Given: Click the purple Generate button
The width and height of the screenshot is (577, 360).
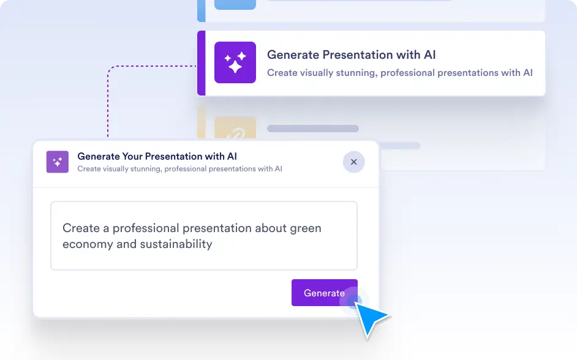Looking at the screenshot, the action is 324,293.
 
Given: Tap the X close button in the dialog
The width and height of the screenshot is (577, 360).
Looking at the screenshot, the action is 353,162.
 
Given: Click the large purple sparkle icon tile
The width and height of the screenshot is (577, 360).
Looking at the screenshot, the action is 235,62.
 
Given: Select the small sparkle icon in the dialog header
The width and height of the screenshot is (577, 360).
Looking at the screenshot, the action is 58,162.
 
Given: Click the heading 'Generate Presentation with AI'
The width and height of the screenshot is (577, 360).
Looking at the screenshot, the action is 351,54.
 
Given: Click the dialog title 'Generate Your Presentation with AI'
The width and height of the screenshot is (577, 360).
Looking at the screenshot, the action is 157,156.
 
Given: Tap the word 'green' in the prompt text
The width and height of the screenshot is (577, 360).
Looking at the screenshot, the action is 306,229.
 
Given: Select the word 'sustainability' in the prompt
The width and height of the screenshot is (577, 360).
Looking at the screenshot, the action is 176,244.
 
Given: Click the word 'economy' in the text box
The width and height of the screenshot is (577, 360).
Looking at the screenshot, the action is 88,245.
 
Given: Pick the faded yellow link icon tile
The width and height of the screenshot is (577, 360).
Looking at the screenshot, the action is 235,127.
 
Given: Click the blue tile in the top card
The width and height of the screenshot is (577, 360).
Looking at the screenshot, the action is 235,5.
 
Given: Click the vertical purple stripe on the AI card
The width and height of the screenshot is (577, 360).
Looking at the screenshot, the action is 202,63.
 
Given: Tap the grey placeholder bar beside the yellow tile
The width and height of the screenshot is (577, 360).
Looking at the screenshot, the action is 313,129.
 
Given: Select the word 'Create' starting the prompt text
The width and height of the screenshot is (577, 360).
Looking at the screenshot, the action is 81,228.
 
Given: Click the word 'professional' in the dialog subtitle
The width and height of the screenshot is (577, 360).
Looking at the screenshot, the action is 186,169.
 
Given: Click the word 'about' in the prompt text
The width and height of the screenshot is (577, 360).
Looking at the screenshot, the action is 271,228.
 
